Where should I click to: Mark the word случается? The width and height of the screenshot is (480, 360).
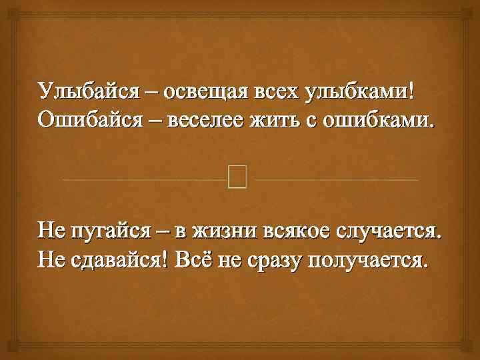click(389, 231)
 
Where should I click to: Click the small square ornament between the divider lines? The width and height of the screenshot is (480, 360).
click(237, 177)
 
